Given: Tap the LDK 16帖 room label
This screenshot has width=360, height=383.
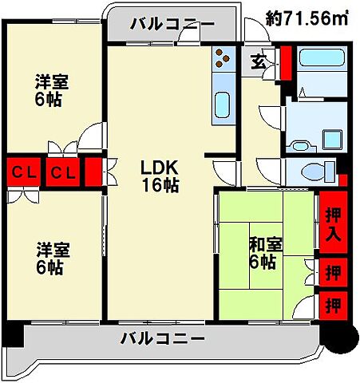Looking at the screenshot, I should pos(160,176).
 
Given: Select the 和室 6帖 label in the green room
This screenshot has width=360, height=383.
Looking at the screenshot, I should pos(263,251).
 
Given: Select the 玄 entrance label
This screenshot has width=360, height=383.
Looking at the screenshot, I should pos(259,60).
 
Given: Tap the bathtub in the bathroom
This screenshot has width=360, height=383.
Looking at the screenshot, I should pos(321,62).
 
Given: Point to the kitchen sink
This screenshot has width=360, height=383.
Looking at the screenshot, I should pos(223,105).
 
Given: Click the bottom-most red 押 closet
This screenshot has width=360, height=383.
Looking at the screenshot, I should pos(333,305).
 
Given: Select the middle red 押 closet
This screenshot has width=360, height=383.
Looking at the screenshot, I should pos(333,272).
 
